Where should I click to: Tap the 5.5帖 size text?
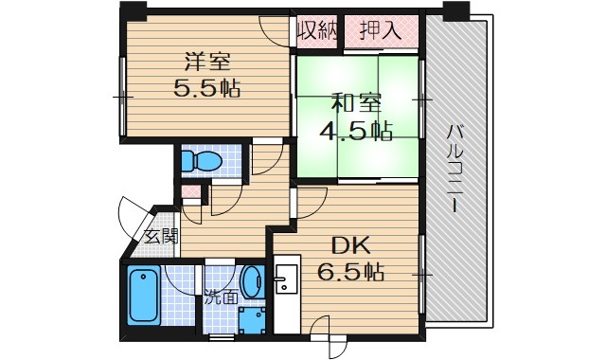(x=206, y=90)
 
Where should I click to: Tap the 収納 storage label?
(x=317, y=30)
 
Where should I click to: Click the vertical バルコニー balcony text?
(x=454, y=171)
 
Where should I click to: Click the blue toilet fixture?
(x=201, y=162)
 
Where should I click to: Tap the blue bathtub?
(x=144, y=297)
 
